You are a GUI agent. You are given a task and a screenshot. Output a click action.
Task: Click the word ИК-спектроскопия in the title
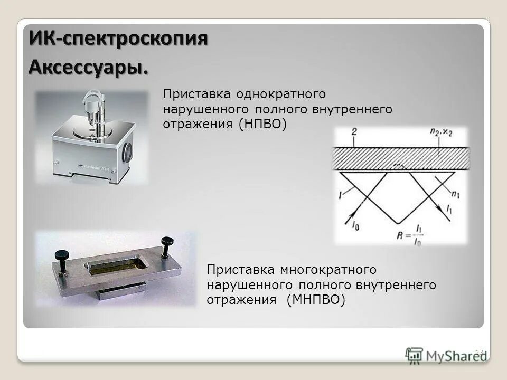click(118, 39)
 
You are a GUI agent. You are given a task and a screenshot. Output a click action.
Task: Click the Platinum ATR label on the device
click(104, 165)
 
